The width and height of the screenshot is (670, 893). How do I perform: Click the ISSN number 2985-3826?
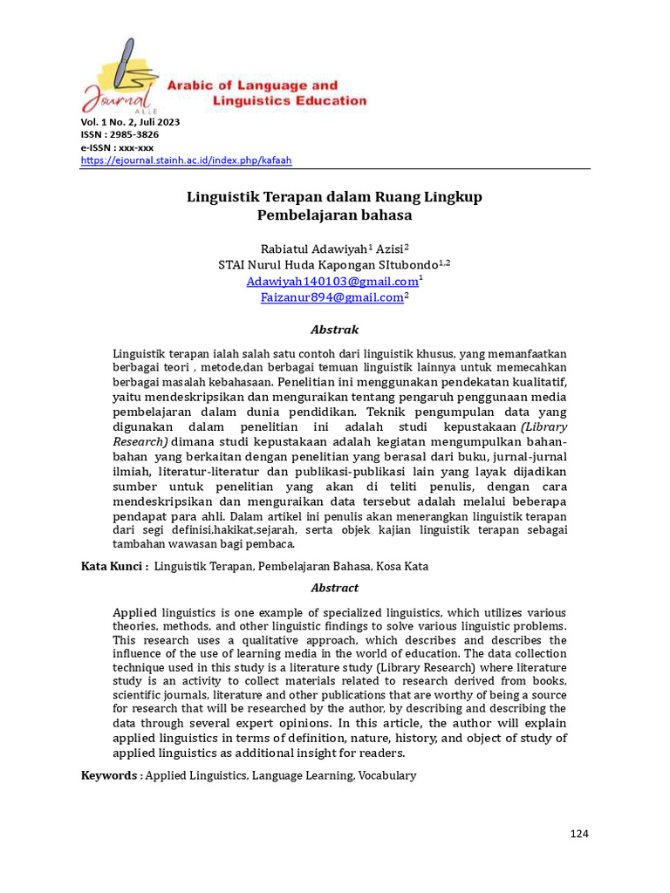point(134,134)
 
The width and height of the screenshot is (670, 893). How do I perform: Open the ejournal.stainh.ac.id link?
point(186,160)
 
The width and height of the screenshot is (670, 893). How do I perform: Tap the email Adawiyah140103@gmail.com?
point(332,282)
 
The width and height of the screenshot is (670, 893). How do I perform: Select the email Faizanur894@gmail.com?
point(332,297)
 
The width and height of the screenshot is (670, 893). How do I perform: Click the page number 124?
point(579,834)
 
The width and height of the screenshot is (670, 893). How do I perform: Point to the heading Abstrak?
point(335,330)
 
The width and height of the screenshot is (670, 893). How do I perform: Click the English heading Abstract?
point(335,588)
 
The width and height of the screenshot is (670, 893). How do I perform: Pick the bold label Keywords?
point(109,775)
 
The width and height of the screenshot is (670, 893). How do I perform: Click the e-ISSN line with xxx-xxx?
point(117,147)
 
